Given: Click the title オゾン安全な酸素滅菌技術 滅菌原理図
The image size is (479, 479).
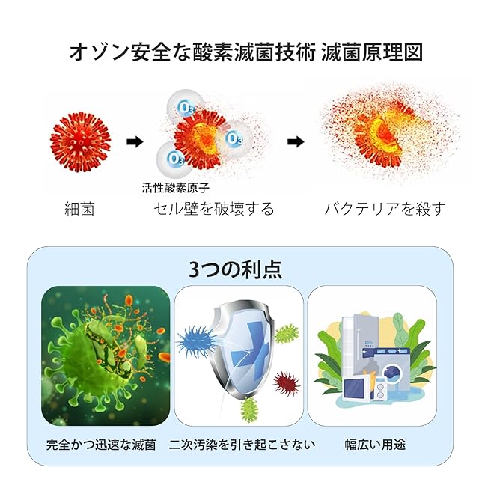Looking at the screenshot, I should (245, 52).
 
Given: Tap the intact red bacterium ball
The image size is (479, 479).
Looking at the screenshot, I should (80, 141).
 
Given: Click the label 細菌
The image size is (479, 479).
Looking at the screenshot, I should (80, 209).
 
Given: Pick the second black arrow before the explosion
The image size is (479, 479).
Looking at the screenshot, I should (296, 141).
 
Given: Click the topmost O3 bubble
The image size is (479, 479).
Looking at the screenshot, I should (185, 107).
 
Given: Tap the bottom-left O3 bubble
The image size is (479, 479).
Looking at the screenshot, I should (177, 159).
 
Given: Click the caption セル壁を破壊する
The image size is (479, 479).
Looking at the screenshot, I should (213, 209).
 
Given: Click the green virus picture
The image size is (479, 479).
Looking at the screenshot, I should (105, 352).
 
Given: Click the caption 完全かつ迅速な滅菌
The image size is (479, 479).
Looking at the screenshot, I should (101, 445).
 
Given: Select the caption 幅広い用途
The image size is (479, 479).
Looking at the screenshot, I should (375, 445).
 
